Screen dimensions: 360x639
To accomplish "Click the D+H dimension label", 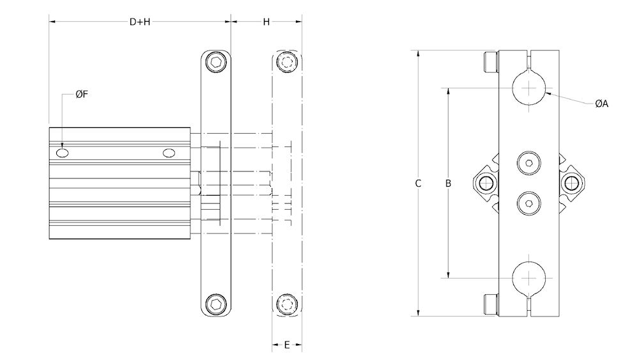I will (140, 22).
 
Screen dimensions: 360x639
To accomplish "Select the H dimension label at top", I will (266, 22).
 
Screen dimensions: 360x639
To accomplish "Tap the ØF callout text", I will (81, 95).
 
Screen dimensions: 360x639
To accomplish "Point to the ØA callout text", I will (601, 104).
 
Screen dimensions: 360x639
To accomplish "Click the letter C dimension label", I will (418, 184).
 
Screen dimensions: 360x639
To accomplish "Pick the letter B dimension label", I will (449, 184).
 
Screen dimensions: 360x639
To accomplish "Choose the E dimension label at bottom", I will (287, 345).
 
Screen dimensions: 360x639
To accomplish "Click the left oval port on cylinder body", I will (63, 153).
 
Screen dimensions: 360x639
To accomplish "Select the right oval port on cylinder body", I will (169, 153).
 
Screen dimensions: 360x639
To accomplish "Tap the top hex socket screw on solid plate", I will (217, 63).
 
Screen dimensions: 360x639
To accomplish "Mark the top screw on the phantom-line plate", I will (287, 63).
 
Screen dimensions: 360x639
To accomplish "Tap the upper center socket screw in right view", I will (528, 163).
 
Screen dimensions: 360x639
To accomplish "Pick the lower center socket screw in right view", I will (528, 203).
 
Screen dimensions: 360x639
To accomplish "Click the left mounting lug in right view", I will (486, 184).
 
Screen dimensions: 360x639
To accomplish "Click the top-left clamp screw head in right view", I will (490, 62).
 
